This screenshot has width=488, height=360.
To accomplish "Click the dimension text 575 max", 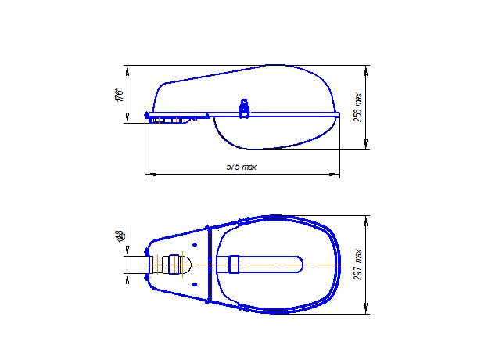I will point(241,167).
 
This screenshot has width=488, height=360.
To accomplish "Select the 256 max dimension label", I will point(359,107).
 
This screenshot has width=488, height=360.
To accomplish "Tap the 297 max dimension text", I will point(359,265).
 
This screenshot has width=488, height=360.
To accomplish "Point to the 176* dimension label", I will point(119,95).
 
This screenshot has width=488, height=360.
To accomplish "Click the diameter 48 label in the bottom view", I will point(119,236).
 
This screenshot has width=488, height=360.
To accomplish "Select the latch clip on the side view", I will point(244,109).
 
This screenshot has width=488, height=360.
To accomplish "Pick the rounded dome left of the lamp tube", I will point(185,265).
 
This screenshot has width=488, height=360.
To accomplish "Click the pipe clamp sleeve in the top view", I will point(169,265).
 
